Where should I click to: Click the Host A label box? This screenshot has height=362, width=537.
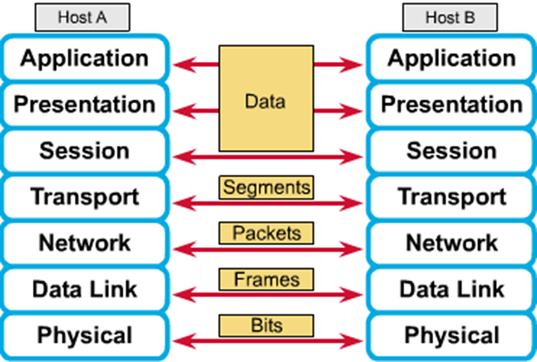82,18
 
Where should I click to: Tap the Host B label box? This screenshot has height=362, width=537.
450,18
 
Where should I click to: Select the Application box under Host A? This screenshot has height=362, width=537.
84,58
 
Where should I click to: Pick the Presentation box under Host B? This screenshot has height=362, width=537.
451,104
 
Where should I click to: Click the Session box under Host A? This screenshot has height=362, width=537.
84,150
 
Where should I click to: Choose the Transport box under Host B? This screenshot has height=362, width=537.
451,197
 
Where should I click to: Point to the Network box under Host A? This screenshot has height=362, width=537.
84,243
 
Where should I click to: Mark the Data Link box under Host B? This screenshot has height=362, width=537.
451,289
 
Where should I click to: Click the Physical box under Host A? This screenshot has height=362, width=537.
84,335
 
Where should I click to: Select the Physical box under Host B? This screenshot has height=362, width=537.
451,335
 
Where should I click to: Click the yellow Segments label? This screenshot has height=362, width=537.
266,188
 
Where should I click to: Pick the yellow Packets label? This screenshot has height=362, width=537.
266,233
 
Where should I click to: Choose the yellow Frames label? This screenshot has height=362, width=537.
266,279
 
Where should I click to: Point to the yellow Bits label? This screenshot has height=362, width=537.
266,325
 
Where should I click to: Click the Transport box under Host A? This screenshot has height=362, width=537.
84,197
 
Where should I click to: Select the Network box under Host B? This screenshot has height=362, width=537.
451,243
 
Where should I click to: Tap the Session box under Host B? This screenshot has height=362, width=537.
451,150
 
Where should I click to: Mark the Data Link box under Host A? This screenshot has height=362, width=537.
84,289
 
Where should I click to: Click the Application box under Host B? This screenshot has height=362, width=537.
451,58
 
